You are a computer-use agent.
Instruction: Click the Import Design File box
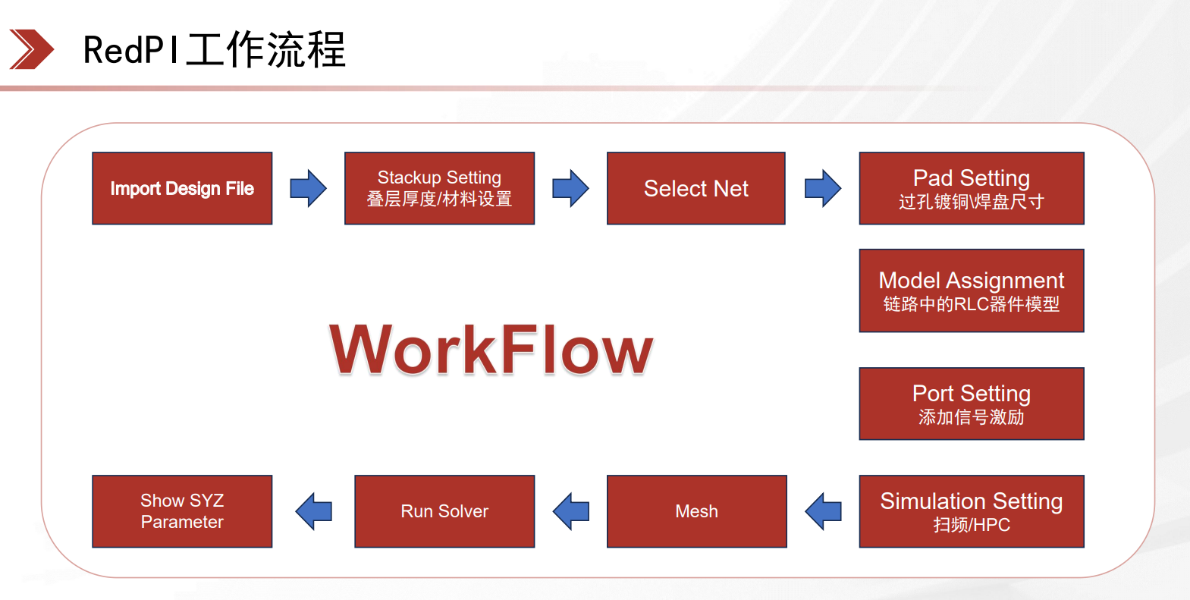coord(182,188)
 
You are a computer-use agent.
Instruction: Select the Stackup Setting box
coord(439,188)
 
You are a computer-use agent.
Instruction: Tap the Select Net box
coord(696,188)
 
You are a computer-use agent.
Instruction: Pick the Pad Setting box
coord(972,188)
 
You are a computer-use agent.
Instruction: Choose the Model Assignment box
coord(972,291)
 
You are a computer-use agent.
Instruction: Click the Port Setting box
coord(972,404)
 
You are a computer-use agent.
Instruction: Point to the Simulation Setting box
coord(972,511)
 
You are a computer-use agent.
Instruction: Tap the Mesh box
coord(696,511)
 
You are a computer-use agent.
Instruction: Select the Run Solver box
coord(444,511)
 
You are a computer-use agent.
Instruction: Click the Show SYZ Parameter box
coord(182,511)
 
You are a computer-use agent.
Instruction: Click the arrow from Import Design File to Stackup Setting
coord(308,188)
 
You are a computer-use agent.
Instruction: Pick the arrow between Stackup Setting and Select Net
coord(570,188)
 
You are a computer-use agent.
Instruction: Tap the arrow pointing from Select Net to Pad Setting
coord(823,188)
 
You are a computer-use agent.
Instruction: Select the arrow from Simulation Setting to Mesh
coord(823,511)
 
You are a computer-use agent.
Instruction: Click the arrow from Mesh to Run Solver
coord(570,511)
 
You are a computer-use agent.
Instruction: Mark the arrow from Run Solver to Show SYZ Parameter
coord(313,511)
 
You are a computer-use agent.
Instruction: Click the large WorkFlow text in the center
coord(491,350)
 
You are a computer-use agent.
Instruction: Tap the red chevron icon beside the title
coord(32,49)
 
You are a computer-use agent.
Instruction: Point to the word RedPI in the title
coord(130,50)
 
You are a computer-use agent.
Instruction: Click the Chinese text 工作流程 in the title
coord(265,49)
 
